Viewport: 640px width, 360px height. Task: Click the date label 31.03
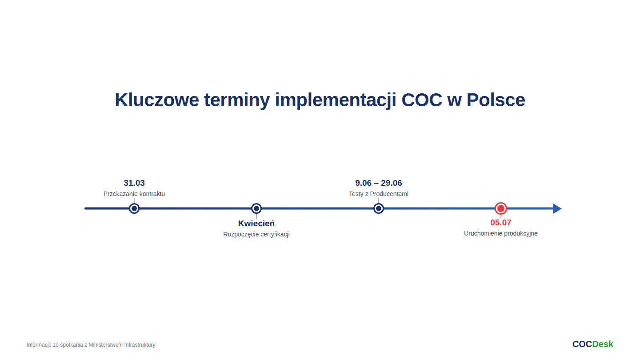tap(134, 183)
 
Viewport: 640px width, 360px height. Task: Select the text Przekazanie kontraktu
tap(134, 194)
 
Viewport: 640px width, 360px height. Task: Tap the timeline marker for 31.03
tap(134, 208)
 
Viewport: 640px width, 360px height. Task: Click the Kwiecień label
tap(256, 224)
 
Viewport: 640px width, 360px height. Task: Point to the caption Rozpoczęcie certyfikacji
tap(256, 234)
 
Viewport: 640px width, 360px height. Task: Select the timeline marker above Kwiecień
tap(256, 208)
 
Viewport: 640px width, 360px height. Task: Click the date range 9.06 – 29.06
tap(379, 183)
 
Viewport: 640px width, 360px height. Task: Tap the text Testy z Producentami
tap(379, 194)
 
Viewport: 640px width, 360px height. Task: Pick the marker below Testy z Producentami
tap(379, 208)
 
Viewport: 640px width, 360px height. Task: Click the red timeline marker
tap(501, 208)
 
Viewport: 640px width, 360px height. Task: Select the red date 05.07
tap(501, 223)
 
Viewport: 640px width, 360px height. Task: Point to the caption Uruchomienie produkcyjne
tap(501, 233)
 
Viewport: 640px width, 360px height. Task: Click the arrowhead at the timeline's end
tap(557, 208)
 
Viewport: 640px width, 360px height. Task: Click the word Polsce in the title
tap(496, 100)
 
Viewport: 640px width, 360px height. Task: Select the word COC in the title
tap(422, 100)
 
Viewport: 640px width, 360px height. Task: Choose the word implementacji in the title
tap(336, 100)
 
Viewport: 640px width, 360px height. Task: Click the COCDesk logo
tap(592, 344)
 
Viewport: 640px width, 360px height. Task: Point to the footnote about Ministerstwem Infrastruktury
tap(91, 345)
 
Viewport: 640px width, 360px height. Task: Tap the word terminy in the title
tap(237, 100)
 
